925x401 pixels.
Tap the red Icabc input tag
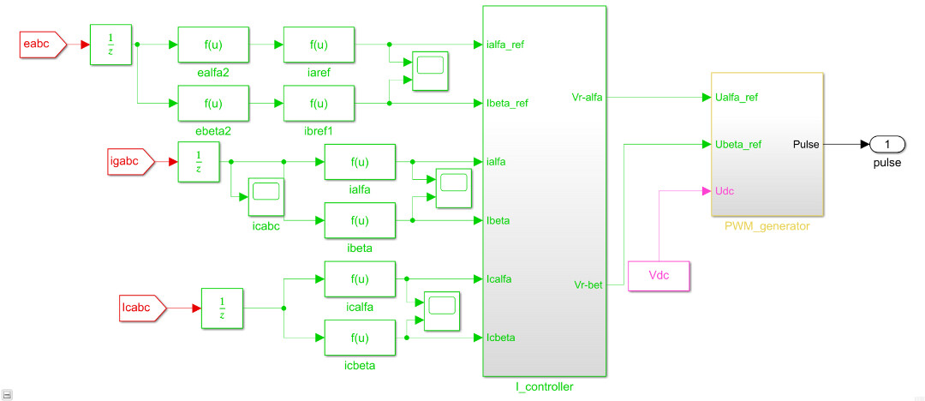tap(137, 307)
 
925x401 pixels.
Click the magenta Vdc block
tap(659, 276)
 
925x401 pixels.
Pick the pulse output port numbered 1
tap(887, 144)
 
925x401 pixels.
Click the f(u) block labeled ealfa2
tap(213, 45)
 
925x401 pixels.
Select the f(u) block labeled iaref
tap(319, 45)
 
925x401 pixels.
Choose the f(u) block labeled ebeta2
tap(213, 103)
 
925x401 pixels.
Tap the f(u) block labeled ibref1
tap(319, 103)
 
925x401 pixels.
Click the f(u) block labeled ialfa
tap(360, 161)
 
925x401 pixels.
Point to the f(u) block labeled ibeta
tap(360, 220)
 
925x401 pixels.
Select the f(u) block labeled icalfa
tap(360, 278)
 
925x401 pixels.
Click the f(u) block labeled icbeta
tap(360, 338)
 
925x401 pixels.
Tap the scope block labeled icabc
tap(266, 196)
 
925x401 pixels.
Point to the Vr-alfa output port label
tap(587, 98)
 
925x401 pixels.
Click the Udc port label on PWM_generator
tap(724, 190)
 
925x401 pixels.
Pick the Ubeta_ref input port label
tap(737, 144)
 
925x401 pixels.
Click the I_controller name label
tap(544, 387)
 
